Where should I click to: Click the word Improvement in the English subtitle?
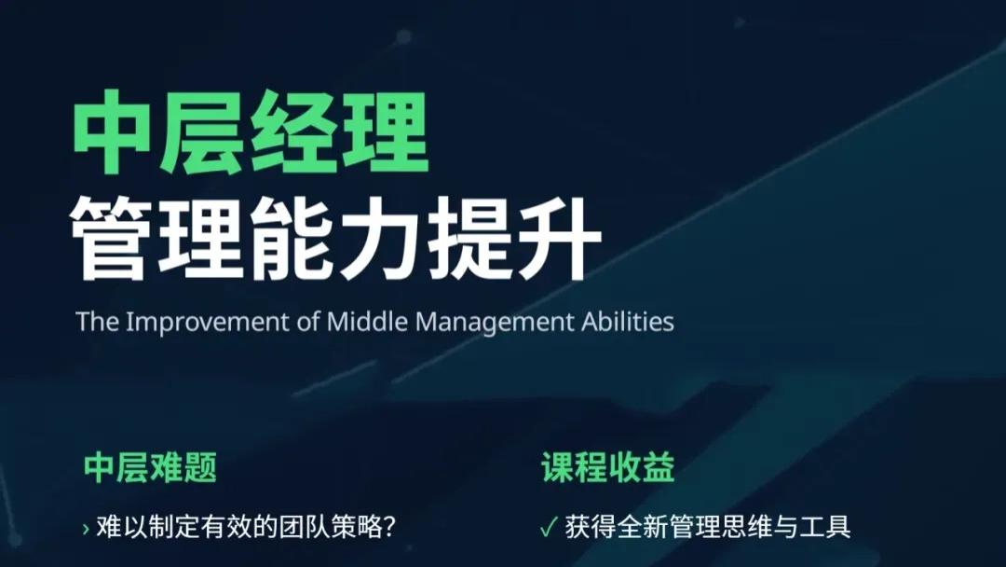coord(202,322)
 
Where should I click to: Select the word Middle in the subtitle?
coord(368,322)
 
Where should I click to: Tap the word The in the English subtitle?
coord(97,322)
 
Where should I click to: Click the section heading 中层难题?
coord(150,468)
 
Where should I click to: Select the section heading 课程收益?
coord(607,468)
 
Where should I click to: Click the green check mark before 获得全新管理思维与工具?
coord(548,527)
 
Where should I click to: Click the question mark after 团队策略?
coord(390,527)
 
